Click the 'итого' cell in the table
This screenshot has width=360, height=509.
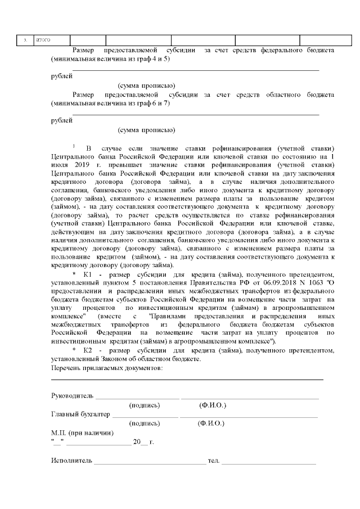[43, 40]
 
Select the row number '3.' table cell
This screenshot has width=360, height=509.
[25, 40]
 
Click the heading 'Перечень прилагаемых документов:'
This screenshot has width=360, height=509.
[107, 368]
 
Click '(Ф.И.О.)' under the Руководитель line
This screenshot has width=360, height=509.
[213, 405]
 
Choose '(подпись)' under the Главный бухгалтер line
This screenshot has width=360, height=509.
[145, 423]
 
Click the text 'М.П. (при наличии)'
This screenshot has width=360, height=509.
[82, 433]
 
